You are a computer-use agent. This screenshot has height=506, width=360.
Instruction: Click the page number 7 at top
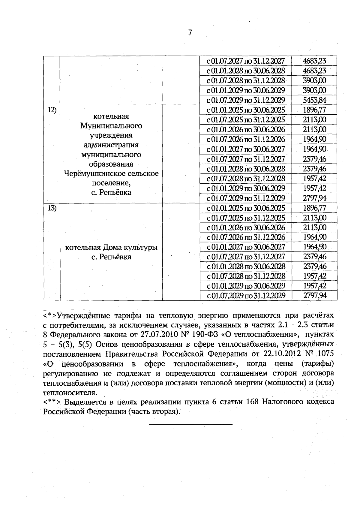[190, 32]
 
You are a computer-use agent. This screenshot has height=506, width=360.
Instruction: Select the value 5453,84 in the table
[314, 100]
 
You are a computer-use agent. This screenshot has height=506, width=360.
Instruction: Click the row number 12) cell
[52, 110]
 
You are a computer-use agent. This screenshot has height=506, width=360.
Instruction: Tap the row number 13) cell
[52, 208]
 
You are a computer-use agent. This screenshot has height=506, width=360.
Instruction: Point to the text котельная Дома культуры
[111, 248]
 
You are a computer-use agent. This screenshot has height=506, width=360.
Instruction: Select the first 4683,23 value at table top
[314, 61]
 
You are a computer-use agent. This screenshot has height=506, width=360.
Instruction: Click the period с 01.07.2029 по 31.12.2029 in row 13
[246, 296]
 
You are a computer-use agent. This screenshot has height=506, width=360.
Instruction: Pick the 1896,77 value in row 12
[314, 110]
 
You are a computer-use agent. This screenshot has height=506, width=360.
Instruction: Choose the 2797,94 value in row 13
[314, 296]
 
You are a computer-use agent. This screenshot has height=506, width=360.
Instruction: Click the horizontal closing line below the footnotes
[190, 424]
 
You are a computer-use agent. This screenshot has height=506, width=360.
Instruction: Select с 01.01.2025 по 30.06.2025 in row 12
[246, 110]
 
